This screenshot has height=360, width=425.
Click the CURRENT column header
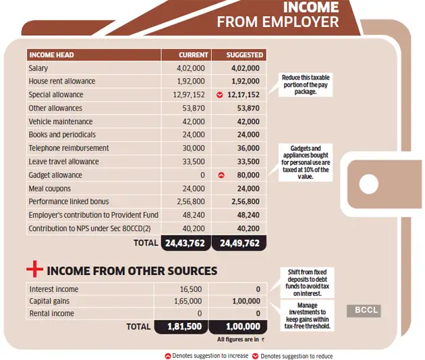coord(193,55)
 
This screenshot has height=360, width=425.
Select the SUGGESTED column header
coord(245,55)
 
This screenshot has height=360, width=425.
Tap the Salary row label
coord(38,68)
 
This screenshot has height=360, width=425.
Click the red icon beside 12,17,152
coord(219,95)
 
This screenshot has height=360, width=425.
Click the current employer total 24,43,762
coord(186,243)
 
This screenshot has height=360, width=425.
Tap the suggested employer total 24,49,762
coord(239,243)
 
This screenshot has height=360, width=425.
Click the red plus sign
coord(34,270)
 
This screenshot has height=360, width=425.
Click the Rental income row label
coord(51,313)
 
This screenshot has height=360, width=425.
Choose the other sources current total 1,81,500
coord(186,327)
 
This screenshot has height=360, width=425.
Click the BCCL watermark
coord(366,310)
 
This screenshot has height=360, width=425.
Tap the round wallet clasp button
coord(368,183)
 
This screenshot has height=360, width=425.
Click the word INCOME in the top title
coord(311,8)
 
